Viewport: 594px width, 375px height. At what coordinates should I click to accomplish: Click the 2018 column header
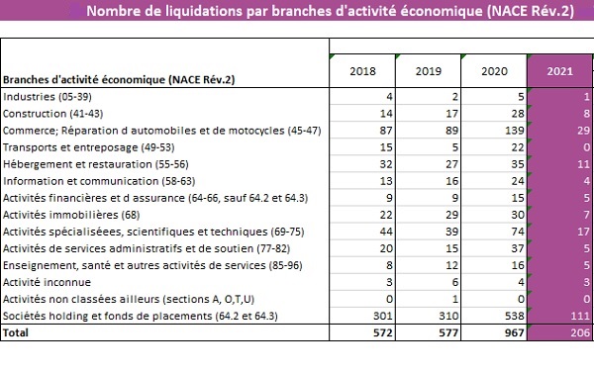[x=362, y=71]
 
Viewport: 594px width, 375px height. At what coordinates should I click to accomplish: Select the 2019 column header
[x=429, y=71]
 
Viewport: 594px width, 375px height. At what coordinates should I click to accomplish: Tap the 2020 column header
[x=494, y=71]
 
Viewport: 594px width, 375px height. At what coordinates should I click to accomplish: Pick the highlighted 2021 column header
[x=560, y=71]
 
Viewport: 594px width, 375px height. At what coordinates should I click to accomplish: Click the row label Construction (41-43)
[x=53, y=114]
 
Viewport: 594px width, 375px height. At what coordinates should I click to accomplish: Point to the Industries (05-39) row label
[x=48, y=97]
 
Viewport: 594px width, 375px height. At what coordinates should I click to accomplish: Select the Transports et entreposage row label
[x=89, y=147]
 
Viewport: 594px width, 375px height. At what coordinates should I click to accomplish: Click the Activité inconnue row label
[x=47, y=282]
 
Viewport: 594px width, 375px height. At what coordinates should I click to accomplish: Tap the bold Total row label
[x=16, y=332]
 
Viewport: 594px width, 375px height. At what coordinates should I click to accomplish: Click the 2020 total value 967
[x=514, y=333]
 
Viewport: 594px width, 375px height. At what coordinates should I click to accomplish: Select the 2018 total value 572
[x=382, y=333]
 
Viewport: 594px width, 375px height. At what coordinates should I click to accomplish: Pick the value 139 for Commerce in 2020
[x=514, y=131]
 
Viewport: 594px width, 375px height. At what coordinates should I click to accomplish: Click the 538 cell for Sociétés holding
[x=514, y=316]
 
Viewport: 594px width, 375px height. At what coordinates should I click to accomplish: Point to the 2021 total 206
[x=580, y=333]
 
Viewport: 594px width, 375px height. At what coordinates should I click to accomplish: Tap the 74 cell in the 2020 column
[x=518, y=232]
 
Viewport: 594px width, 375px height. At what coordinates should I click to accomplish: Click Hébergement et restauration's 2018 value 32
[x=386, y=164]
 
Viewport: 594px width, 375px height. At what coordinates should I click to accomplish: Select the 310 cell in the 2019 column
[x=448, y=316]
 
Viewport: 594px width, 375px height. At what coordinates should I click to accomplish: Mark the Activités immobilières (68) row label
[x=71, y=215]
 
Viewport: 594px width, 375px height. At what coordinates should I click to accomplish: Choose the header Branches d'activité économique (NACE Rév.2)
[x=119, y=79]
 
